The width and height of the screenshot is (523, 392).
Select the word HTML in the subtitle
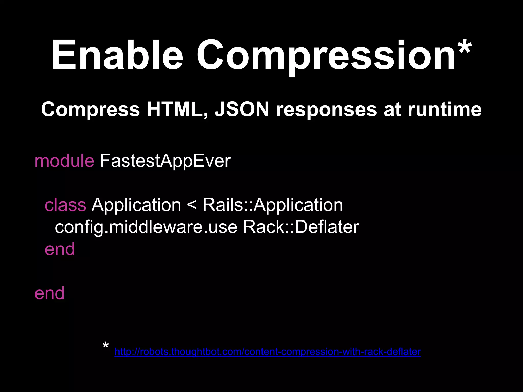(x=177, y=109)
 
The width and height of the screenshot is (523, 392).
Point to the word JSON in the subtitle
(x=242, y=109)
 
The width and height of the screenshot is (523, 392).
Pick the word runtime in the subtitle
(x=445, y=109)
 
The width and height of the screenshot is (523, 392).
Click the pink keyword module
(x=64, y=161)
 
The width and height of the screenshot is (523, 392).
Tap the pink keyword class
(x=65, y=205)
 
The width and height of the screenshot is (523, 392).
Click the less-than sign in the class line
(x=192, y=205)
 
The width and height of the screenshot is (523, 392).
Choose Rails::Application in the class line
(x=273, y=205)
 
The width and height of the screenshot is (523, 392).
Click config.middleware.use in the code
(x=146, y=227)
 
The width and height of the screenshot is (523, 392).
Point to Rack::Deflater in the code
(x=301, y=227)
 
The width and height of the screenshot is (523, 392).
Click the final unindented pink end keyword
(x=50, y=293)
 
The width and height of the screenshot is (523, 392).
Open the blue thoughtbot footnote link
(x=268, y=352)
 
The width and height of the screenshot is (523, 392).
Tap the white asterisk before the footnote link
(x=106, y=346)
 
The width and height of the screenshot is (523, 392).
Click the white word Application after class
(x=136, y=205)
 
